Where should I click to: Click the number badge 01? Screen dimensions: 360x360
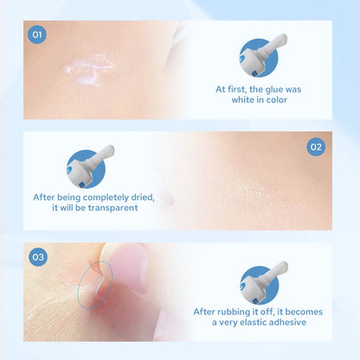click(36, 35)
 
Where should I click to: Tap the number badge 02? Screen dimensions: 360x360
click(316, 147)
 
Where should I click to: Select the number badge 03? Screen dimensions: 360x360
click(37, 257)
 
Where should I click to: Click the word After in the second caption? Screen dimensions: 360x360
click(47, 196)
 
